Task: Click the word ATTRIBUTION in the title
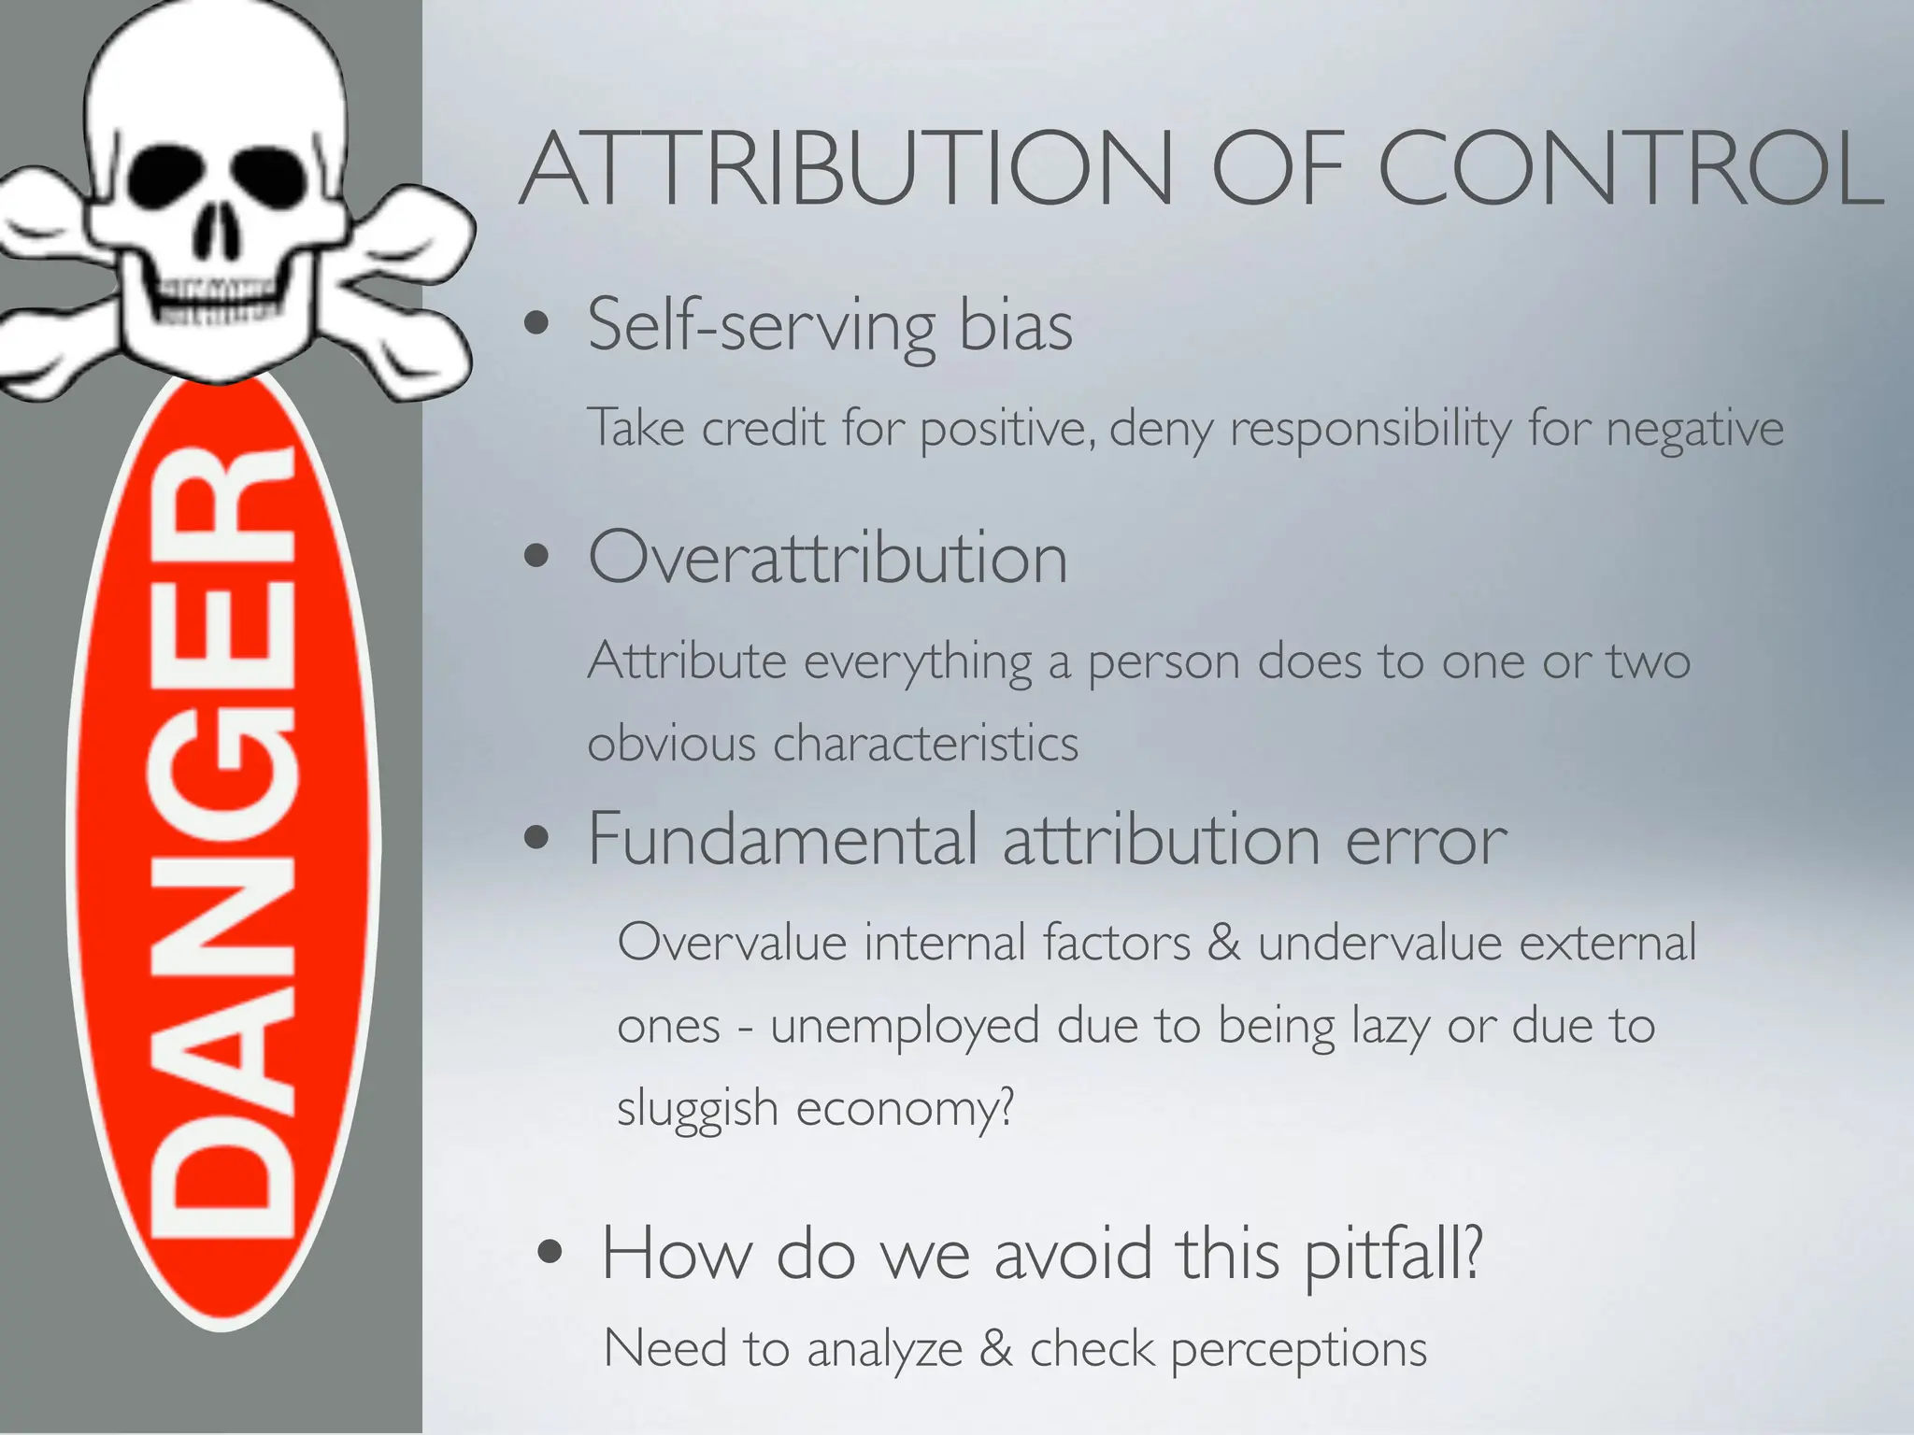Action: coord(846,170)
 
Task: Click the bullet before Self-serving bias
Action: coord(536,324)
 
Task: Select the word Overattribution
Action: coord(827,558)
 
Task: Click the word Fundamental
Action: coord(782,839)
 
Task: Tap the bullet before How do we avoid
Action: coord(550,1252)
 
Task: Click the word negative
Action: coord(1694,429)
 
